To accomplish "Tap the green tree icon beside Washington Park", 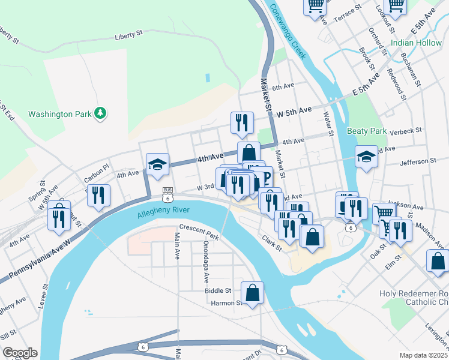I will [x=101, y=113].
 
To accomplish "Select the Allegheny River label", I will [x=163, y=211].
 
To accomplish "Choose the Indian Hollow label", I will [x=415, y=43].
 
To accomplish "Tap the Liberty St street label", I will [x=128, y=37].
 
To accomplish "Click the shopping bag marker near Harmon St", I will [x=253, y=293].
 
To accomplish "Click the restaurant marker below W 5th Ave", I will [x=242, y=122].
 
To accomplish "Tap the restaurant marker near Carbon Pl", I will [x=98, y=196].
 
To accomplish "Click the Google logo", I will [x=20, y=353].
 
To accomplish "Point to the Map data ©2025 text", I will [x=423, y=355].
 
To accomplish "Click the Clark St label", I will [x=271, y=242].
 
